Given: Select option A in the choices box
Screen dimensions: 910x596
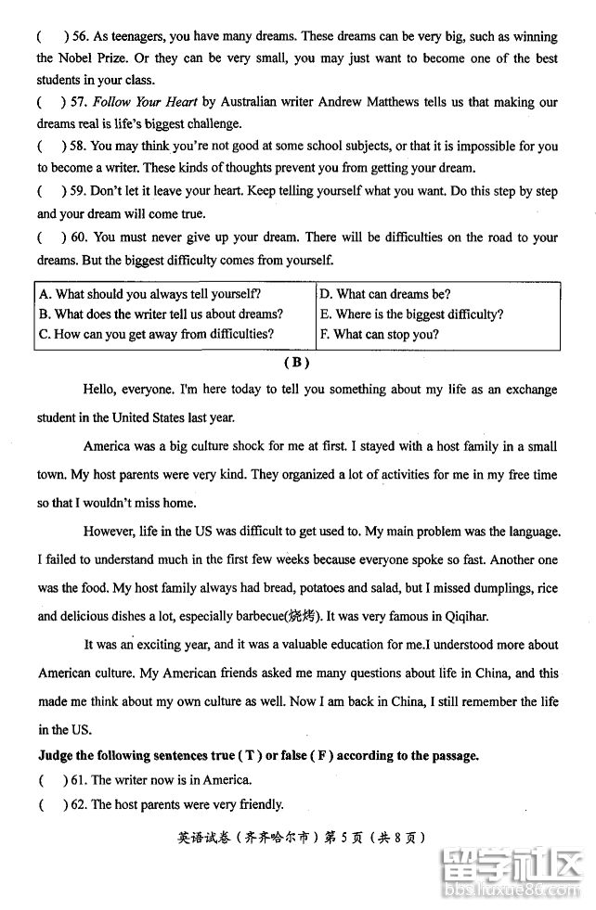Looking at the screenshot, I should [149, 294].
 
